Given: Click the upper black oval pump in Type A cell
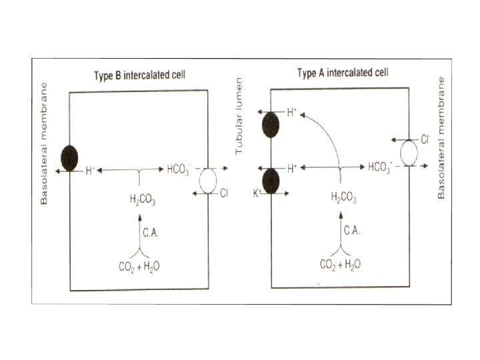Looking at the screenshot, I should click(x=271, y=125).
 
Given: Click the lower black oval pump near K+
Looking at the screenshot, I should click(x=271, y=181).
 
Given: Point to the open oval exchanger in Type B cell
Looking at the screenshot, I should click(x=210, y=182).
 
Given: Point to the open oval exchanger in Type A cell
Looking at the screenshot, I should click(x=409, y=153).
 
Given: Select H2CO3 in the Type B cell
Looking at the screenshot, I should click(x=141, y=198).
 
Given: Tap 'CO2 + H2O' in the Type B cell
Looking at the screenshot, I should click(x=139, y=266).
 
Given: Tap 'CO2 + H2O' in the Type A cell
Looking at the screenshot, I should click(x=341, y=264).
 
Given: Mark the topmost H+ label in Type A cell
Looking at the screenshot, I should click(x=292, y=113).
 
